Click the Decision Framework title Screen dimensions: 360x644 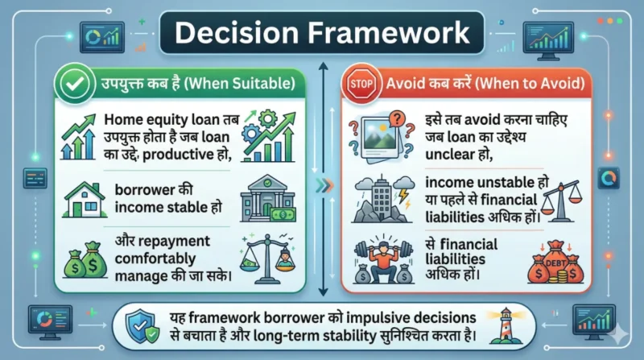pyautogui.click(x=322, y=33)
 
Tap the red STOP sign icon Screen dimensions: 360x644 pyautogui.click(x=360, y=84)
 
